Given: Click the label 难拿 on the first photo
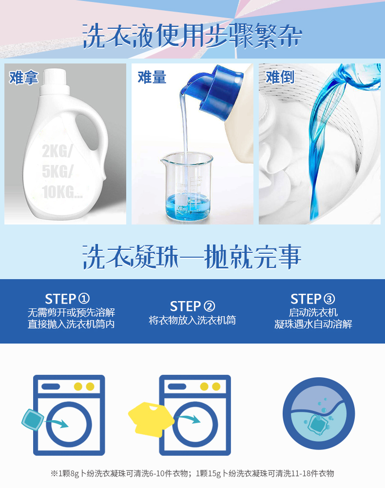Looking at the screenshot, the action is [x=23, y=78].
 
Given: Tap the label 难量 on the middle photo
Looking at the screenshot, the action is [x=152, y=77].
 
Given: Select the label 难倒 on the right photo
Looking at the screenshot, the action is [x=280, y=77].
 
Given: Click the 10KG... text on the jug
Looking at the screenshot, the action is [x=62, y=192].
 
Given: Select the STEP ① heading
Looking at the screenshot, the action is [x=67, y=299].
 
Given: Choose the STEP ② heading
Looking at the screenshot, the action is [x=192, y=306].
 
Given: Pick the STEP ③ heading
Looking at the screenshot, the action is [x=312, y=299].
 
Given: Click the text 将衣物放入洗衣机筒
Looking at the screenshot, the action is [x=192, y=320].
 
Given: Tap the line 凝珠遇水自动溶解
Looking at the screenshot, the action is [x=313, y=324].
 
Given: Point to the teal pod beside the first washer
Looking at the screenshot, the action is [x=33, y=419].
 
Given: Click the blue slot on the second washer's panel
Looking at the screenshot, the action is [x=177, y=386].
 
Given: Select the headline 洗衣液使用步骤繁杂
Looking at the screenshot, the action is [x=192, y=36].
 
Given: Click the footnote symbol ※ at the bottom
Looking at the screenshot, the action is [x=55, y=473].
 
